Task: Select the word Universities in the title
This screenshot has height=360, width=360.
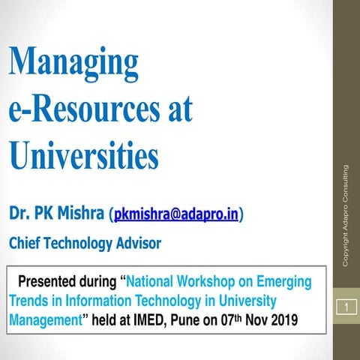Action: click(x=84, y=156)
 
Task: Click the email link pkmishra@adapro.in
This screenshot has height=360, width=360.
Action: click(x=177, y=216)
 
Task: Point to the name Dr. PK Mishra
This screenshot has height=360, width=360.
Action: click(x=56, y=215)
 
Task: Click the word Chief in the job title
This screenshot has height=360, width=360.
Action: click(x=26, y=244)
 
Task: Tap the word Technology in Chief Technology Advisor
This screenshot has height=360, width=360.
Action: click(x=80, y=244)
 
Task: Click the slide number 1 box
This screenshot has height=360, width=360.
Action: click(x=346, y=307)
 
